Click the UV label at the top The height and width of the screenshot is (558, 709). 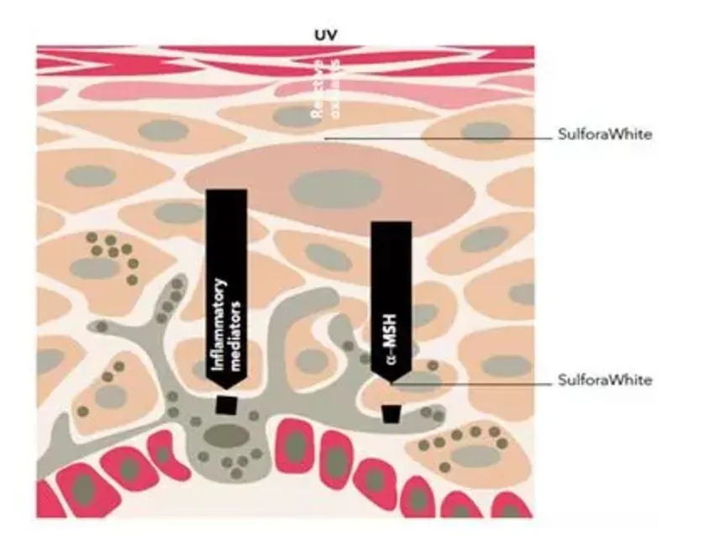pos(324,35)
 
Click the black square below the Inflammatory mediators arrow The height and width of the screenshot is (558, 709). pos(226,404)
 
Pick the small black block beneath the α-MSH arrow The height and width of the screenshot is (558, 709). pos(391,413)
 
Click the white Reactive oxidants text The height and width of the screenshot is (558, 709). pos(324,92)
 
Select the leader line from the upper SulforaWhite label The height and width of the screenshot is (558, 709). pos(437,134)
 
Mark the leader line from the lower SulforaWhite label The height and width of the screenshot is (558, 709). pos(470,381)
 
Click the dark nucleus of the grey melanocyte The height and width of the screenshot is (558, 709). pos(226,435)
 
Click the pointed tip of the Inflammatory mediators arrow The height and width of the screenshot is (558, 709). pos(226,389)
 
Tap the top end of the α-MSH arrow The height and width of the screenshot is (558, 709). pos(391,224)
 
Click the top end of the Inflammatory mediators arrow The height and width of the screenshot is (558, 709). pos(226,192)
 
